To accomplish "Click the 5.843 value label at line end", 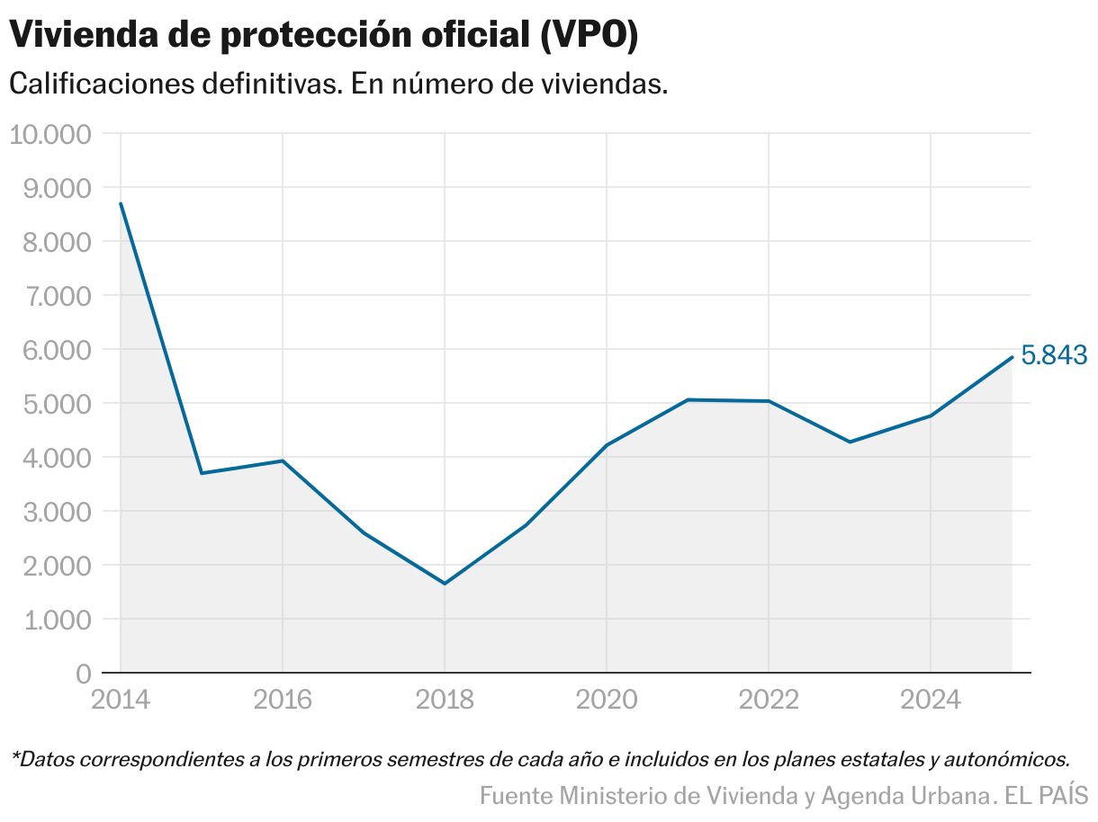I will click(x=1055, y=355).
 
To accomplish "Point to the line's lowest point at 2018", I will click(x=445, y=584).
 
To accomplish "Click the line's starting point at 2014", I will click(x=121, y=203).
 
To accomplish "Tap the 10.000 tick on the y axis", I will click(x=50, y=134).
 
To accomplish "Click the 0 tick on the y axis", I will click(x=83, y=674).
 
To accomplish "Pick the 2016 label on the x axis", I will click(x=283, y=700).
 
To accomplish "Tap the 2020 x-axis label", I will click(x=607, y=700).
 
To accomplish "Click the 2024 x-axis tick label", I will click(x=931, y=700).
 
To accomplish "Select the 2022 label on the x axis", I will click(x=769, y=700).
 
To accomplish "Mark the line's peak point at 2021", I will click(x=688, y=399).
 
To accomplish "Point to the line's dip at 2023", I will click(x=850, y=442).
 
